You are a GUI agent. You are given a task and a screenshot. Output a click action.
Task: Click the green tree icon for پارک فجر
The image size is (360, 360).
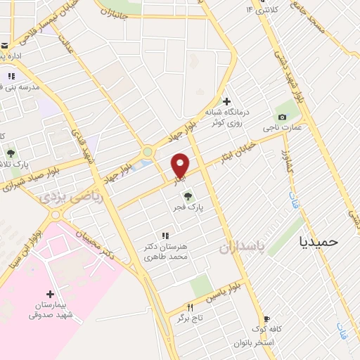[x=188, y=196]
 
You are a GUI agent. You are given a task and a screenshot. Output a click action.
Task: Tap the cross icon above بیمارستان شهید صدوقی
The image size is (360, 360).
[x=49, y=293]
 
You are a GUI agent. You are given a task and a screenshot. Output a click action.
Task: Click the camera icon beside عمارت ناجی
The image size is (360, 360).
[x=282, y=117]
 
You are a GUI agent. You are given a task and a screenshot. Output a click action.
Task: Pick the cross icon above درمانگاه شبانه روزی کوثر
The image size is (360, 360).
[x=226, y=101]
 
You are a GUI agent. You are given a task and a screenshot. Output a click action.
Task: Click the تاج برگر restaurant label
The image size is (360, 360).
[x=190, y=319]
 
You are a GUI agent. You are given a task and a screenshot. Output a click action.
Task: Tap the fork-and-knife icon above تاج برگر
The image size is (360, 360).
[x=190, y=307]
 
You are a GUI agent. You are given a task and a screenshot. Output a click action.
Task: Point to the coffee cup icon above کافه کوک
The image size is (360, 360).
[x=266, y=319]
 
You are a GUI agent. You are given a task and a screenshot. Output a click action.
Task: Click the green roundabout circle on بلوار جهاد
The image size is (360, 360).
[x=147, y=151]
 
